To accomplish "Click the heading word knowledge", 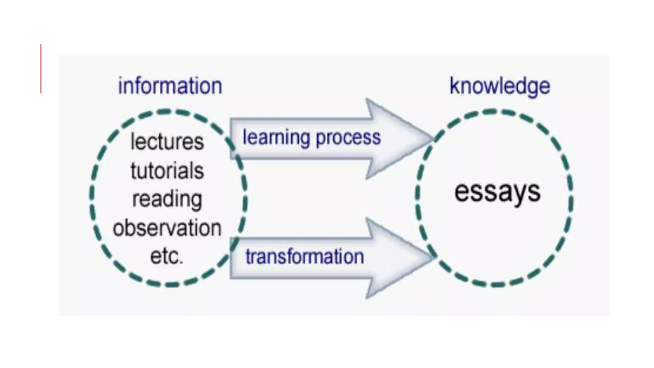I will (x=500, y=86).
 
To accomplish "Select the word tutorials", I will (x=167, y=171).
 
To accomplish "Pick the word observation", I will (x=167, y=228).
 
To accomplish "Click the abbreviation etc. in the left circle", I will (x=166, y=256).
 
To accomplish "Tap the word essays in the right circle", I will (x=497, y=192).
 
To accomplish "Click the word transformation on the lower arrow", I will (x=305, y=257).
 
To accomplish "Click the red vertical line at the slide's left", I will (x=41, y=69).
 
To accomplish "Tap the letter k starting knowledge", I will (x=454, y=86).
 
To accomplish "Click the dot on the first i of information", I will (x=121, y=79).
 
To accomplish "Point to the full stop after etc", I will (x=181, y=263).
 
